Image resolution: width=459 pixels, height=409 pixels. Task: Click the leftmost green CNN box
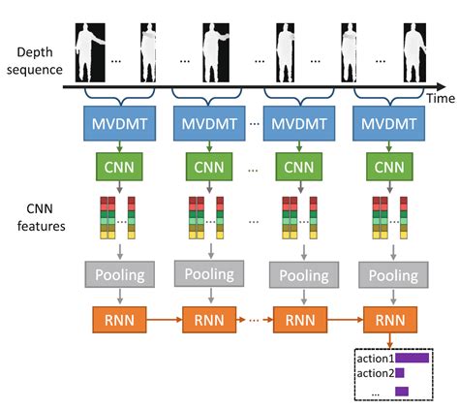click(x=118, y=167)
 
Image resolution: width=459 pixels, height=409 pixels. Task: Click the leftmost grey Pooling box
click(x=118, y=275)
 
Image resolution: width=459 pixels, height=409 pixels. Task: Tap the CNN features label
click(x=36, y=219)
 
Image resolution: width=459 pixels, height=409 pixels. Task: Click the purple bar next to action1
click(x=412, y=358)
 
